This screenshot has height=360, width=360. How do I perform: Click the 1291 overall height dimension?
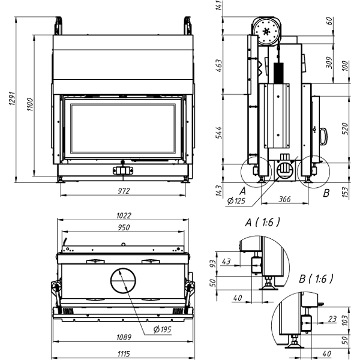click(12, 99)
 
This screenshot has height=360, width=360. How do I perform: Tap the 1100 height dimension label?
click(30, 104)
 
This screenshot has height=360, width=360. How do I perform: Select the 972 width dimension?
click(124, 191)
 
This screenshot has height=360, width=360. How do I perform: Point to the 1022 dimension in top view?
click(124, 215)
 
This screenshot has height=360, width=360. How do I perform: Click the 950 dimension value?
click(124, 227)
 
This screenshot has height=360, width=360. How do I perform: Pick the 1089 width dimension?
click(124, 337)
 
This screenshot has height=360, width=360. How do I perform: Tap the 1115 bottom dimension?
click(124, 354)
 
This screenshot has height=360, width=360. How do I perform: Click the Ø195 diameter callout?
click(162, 329)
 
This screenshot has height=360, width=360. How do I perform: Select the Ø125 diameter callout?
click(236, 201)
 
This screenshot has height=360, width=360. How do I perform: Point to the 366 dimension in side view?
click(284, 199)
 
